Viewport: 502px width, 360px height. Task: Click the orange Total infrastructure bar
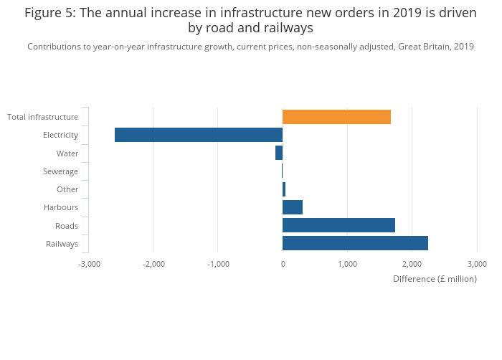click(x=336, y=117)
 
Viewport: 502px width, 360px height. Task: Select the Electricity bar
click(x=199, y=135)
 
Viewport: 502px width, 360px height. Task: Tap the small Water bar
click(x=279, y=153)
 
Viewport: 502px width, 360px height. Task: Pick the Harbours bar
click(x=293, y=207)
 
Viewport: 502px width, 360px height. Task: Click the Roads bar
click(x=338, y=225)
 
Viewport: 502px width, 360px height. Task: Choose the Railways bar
click(x=355, y=243)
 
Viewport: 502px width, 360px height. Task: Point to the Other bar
click(x=284, y=189)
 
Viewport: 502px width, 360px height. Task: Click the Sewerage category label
click(x=60, y=171)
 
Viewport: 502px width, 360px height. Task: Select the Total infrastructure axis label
click(x=42, y=117)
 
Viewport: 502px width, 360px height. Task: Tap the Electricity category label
click(x=60, y=135)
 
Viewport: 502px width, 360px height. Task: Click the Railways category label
click(x=62, y=244)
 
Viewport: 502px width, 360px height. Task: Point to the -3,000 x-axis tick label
click(x=89, y=264)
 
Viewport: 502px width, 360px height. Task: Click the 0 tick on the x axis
click(x=283, y=264)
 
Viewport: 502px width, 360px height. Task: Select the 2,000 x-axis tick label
click(x=412, y=264)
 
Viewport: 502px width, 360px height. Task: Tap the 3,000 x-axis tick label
click(x=476, y=264)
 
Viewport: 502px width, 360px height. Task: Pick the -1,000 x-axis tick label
click(x=218, y=264)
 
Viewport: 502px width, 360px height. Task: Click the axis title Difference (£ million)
click(x=435, y=279)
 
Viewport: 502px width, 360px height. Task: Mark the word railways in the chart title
click(x=288, y=28)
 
